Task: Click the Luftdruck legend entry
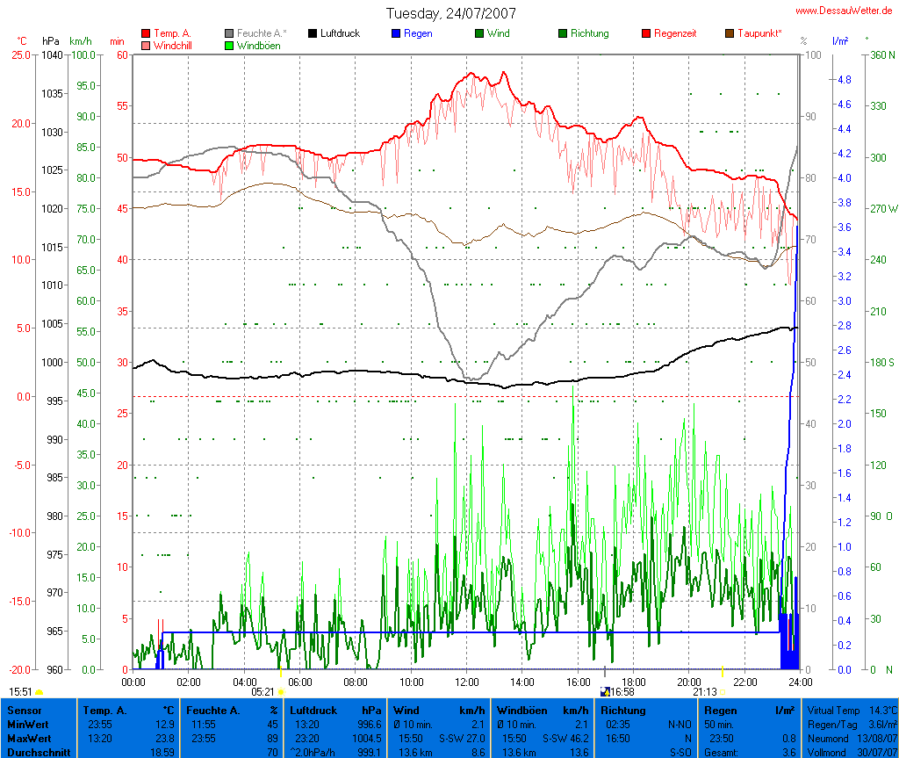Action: (340, 33)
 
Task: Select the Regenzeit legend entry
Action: (675, 33)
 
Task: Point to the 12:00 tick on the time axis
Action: (466, 681)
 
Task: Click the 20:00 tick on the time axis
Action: (689, 681)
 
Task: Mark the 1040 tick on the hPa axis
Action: (52, 54)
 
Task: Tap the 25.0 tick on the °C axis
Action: (19, 54)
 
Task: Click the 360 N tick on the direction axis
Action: (881, 54)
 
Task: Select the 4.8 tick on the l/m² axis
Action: (844, 79)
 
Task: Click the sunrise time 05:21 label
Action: (263, 692)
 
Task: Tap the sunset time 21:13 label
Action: (704, 692)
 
